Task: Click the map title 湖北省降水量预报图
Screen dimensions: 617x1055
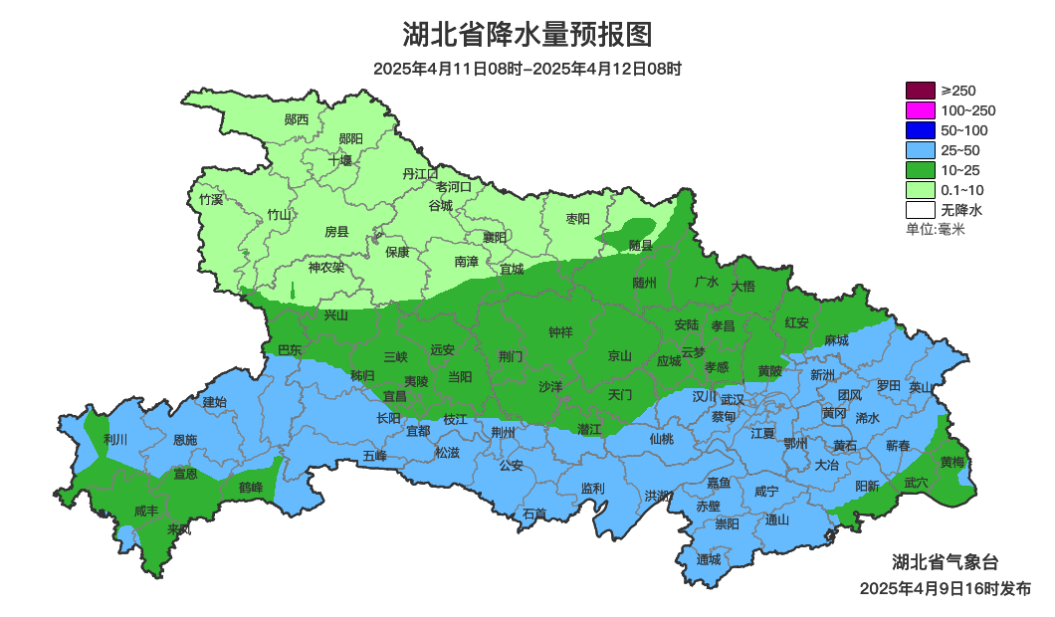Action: [527, 35]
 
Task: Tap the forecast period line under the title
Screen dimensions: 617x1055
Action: [527, 70]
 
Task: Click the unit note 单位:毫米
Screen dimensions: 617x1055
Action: [936, 230]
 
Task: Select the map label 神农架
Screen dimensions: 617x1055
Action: [325, 267]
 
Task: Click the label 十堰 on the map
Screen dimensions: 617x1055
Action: [340, 160]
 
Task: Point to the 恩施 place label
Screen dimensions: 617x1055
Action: [185, 440]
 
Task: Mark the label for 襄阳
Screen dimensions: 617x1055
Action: [495, 237]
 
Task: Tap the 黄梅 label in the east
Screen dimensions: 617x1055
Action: [952, 462]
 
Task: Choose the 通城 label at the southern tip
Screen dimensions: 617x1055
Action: [709, 559]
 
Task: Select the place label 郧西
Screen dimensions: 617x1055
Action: [297, 119]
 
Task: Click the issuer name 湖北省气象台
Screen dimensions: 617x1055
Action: [945, 562]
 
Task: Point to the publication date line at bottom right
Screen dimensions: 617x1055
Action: [946, 589]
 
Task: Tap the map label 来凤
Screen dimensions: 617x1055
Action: [179, 528]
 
